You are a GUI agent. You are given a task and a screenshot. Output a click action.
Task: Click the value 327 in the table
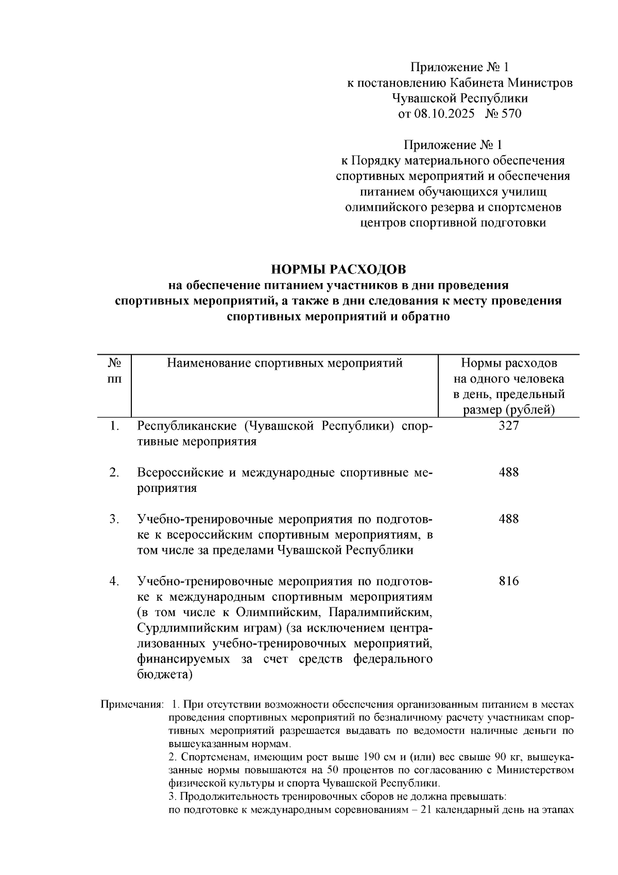508,426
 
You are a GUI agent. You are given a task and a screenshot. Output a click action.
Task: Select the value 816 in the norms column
508,582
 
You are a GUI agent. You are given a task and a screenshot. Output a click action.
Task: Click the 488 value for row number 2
508,473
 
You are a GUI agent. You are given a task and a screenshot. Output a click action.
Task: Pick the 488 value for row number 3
508,519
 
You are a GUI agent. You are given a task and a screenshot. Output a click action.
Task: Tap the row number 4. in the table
114,582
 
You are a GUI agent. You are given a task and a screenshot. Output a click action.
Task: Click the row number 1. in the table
114,426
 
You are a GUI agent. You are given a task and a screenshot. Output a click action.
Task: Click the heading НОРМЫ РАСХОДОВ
338,269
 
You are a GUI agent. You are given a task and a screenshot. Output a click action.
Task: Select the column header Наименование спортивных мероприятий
284,364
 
